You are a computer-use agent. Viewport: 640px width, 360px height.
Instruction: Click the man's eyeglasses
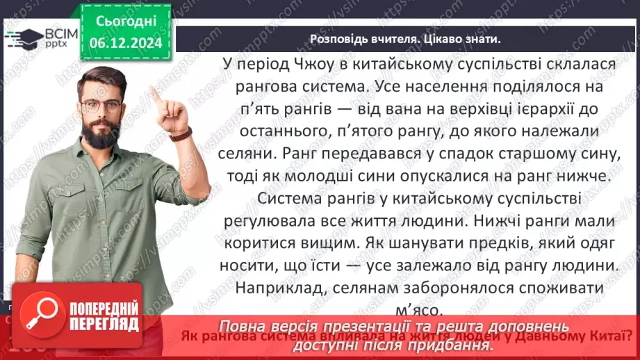coord(101,106)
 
